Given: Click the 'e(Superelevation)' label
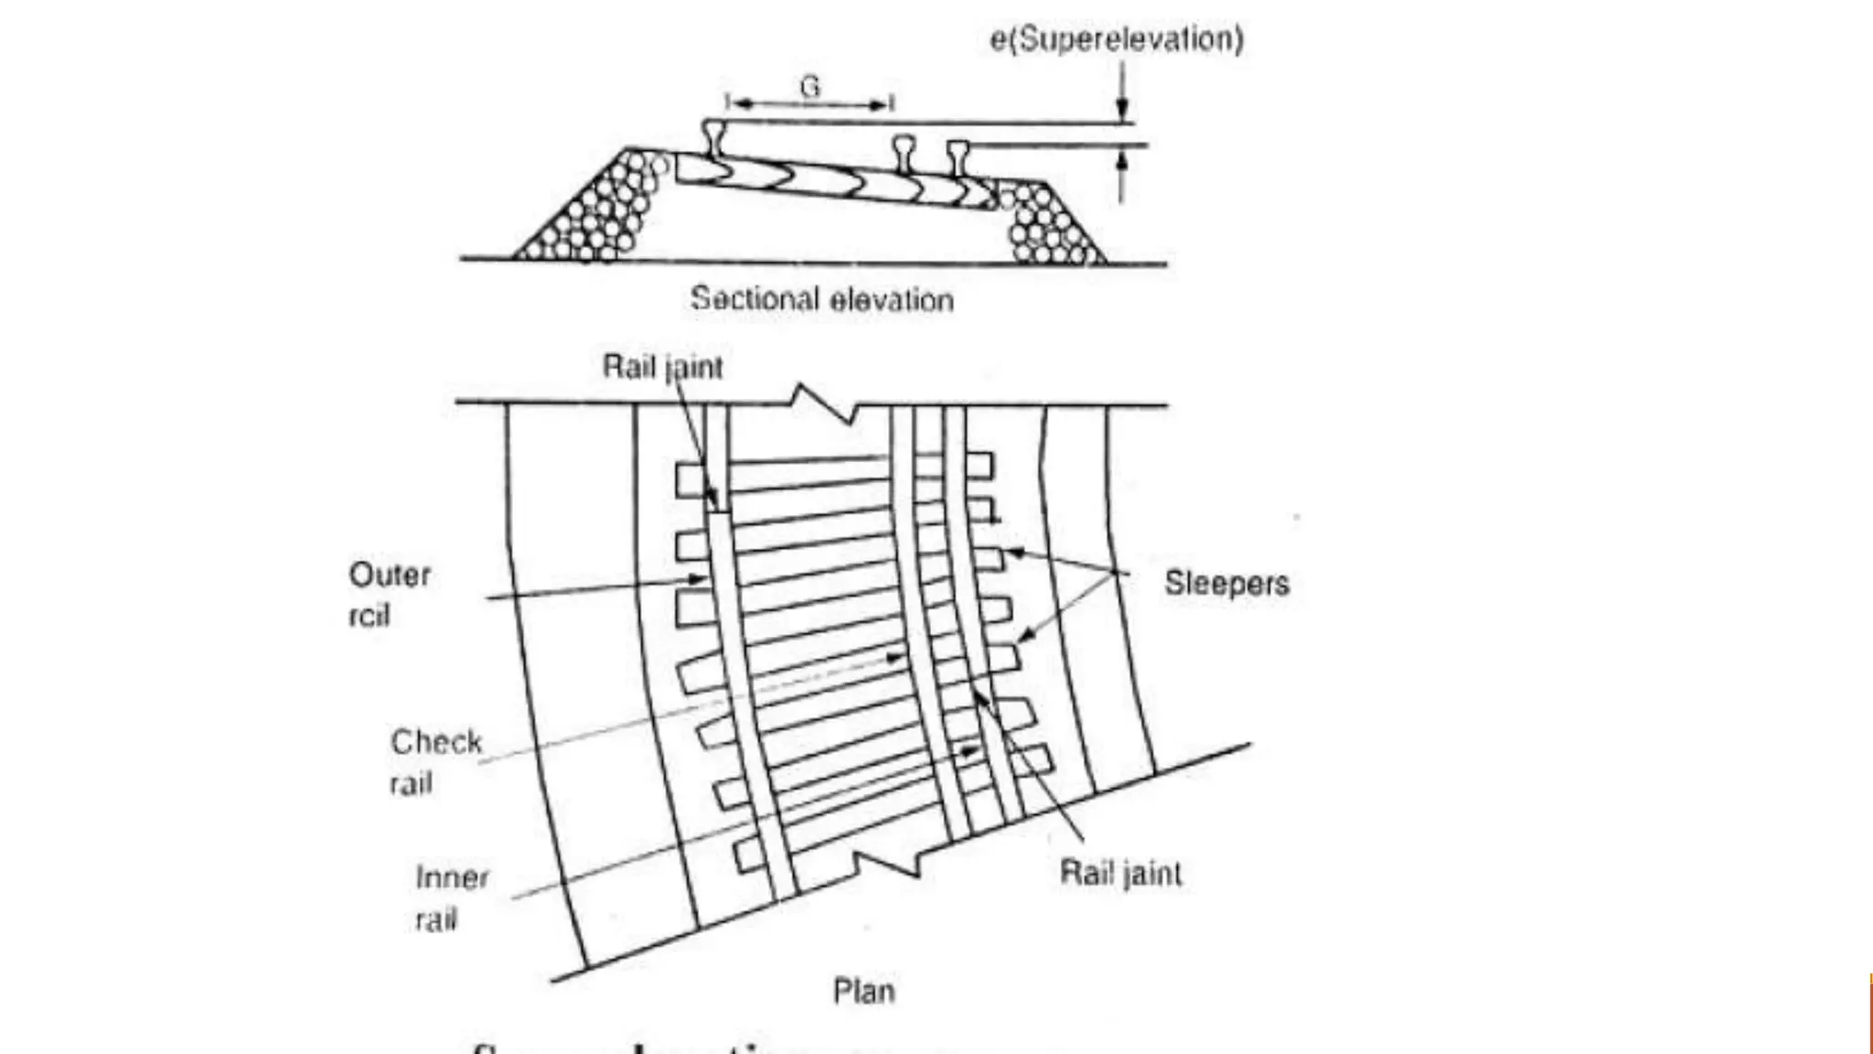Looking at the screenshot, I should tap(1117, 39).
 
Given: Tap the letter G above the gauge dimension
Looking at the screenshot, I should tap(810, 87).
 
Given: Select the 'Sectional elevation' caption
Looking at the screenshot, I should tap(821, 299).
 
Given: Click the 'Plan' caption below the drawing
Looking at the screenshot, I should tap(863, 991).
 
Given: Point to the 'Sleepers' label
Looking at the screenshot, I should tap(1226, 583).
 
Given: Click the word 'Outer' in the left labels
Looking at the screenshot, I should tap(390, 575).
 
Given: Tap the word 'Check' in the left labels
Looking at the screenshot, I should tap(436, 741).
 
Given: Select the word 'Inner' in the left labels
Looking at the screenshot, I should tap(452, 877).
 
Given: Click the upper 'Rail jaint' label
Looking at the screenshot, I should tap(662, 367).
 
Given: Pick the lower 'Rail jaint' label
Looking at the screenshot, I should tap(1120, 873).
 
